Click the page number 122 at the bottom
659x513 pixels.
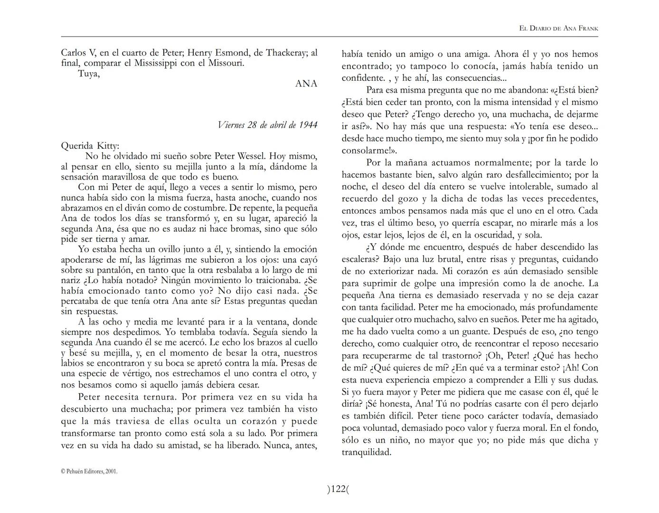tap(338, 489)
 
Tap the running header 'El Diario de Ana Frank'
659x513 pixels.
tap(558, 28)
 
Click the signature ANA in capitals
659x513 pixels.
tap(306, 84)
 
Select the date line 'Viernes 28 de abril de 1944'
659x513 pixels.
tap(267, 125)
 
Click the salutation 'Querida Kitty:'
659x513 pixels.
tap(90, 146)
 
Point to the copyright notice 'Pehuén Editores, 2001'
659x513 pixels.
tap(89, 472)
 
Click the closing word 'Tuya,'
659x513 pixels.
tap(89, 73)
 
